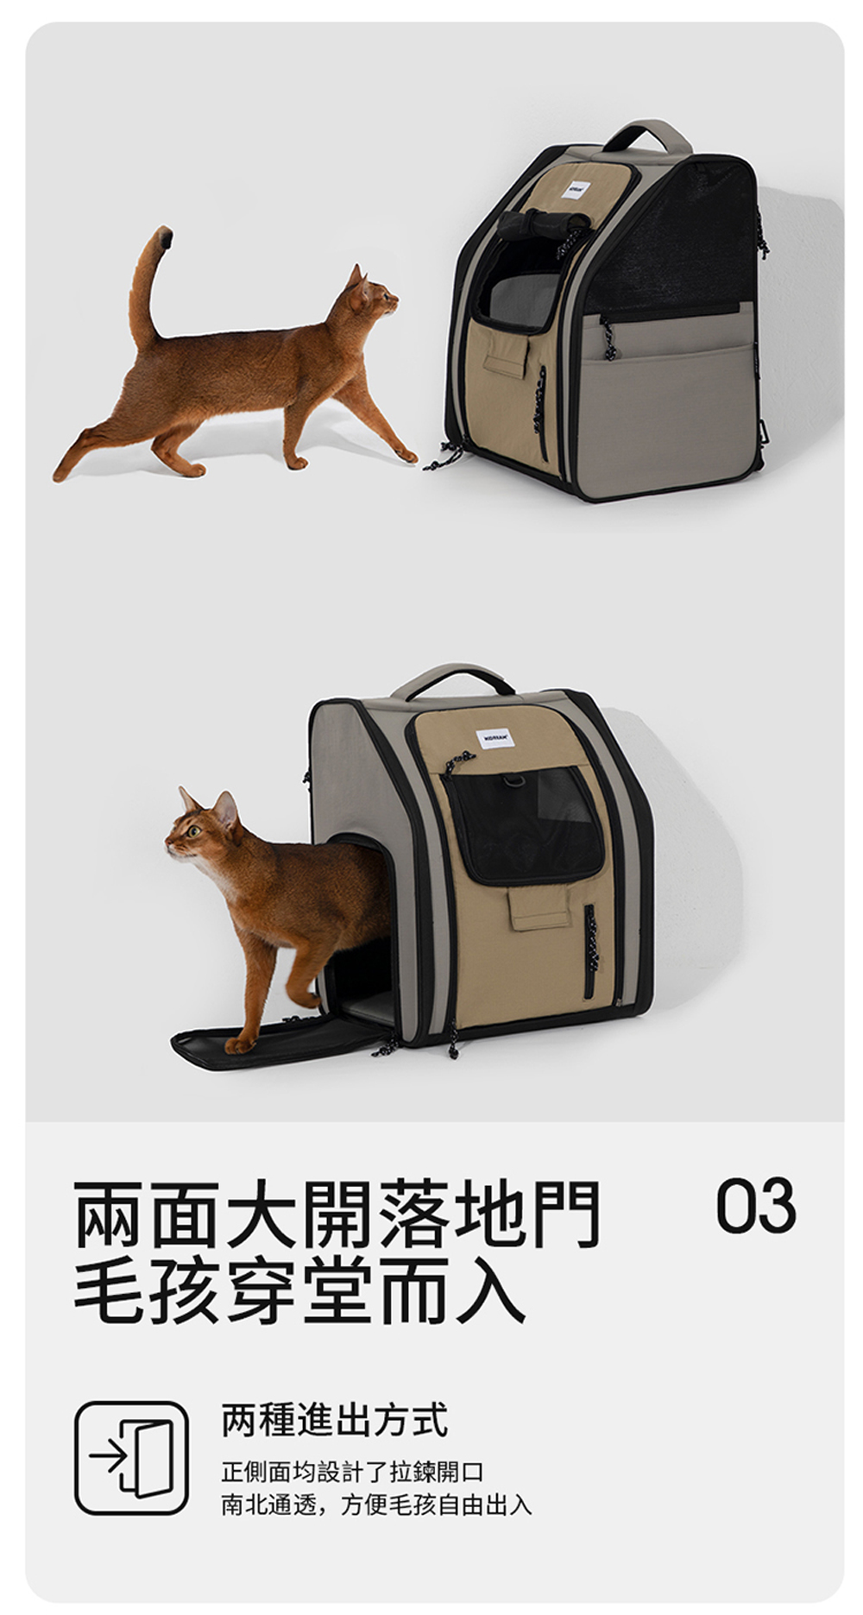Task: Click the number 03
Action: (x=755, y=1205)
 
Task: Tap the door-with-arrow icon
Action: (x=131, y=1457)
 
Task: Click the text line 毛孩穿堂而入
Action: (x=299, y=1291)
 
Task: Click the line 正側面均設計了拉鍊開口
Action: (x=352, y=1472)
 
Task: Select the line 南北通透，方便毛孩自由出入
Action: (x=376, y=1505)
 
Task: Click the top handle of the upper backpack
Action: (x=647, y=134)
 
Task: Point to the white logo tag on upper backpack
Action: (x=573, y=187)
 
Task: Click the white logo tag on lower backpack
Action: (x=494, y=739)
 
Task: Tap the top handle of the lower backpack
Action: (x=453, y=678)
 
